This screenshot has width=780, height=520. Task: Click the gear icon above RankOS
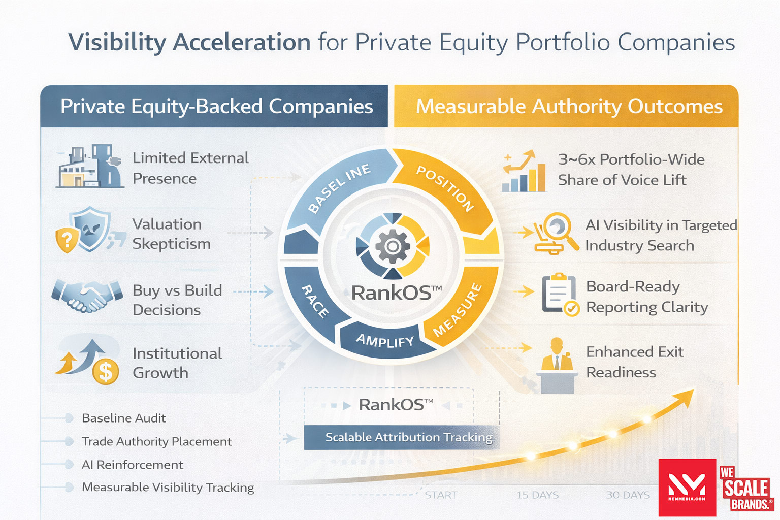pyautogui.click(x=392, y=246)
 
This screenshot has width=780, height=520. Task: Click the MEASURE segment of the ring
pyautogui.click(x=457, y=310)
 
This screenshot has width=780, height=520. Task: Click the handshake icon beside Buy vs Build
pyautogui.click(x=87, y=296)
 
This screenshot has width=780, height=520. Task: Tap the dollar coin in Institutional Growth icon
pyautogui.click(x=105, y=371)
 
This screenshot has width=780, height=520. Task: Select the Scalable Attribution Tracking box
pyautogui.click(x=402, y=437)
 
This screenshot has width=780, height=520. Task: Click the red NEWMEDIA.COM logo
pyautogui.click(x=687, y=487)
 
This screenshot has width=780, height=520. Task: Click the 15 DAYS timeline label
pyautogui.click(x=537, y=495)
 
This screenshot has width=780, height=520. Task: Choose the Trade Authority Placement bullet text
pyautogui.click(x=156, y=442)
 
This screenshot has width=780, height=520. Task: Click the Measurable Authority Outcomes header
pyautogui.click(x=569, y=107)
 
